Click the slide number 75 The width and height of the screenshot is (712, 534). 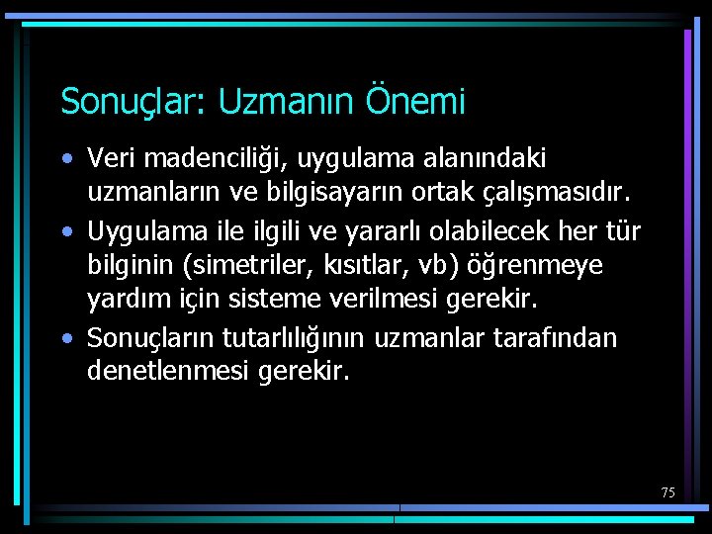(x=668, y=491)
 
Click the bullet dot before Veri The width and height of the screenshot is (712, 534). (x=65, y=158)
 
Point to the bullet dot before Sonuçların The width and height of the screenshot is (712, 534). (x=65, y=338)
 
